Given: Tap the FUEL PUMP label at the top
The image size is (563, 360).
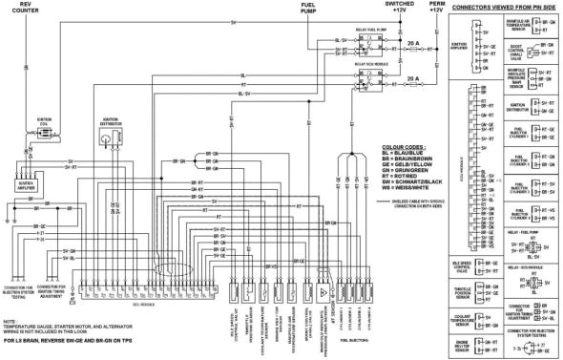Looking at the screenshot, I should click(x=308, y=10).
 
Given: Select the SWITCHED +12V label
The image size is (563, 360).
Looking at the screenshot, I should click(x=398, y=8).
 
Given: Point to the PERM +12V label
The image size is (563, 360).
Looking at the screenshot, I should click(x=435, y=8).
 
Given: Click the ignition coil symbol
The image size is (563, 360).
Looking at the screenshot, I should click(x=42, y=134).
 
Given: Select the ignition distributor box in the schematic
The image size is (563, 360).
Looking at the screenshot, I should click(x=107, y=139).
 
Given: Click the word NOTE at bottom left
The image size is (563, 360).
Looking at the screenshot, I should click(x=10, y=321).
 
